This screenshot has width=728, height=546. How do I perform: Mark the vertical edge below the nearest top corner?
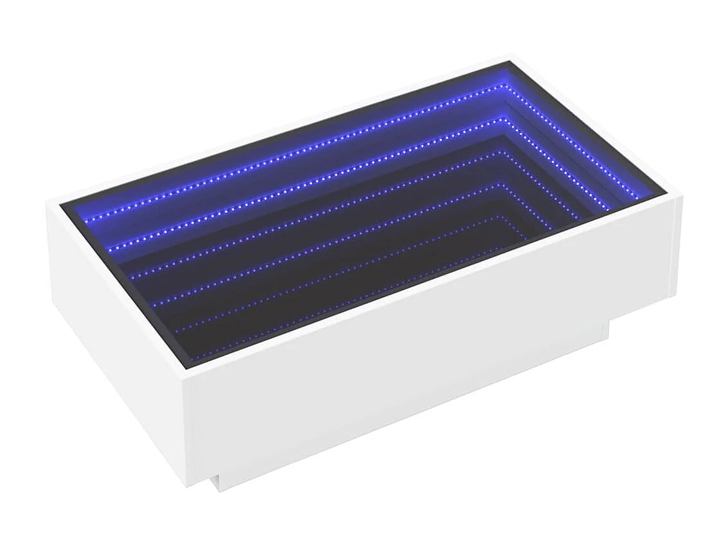click(188, 431)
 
